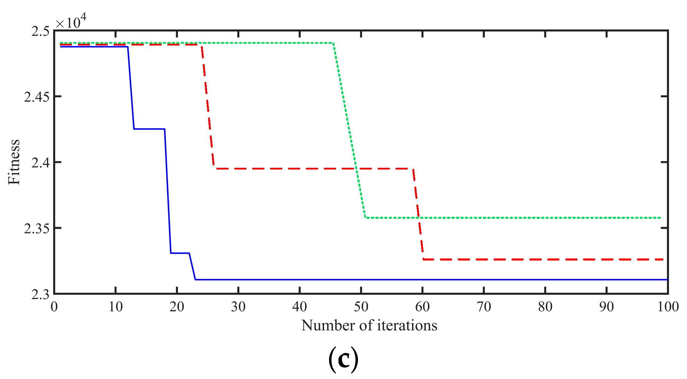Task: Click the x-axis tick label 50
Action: click(x=361, y=307)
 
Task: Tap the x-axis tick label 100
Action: click(x=668, y=307)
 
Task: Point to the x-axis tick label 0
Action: click(x=54, y=307)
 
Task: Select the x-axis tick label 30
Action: click(x=238, y=307)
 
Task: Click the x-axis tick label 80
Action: click(x=545, y=307)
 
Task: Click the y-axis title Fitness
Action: click(x=14, y=162)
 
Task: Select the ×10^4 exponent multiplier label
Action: click(x=71, y=22)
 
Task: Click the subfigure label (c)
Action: click(x=343, y=360)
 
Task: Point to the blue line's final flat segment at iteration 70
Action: click(x=484, y=279)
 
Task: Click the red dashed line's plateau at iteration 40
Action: click(x=300, y=168)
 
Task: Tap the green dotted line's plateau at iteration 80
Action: click(x=545, y=218)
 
